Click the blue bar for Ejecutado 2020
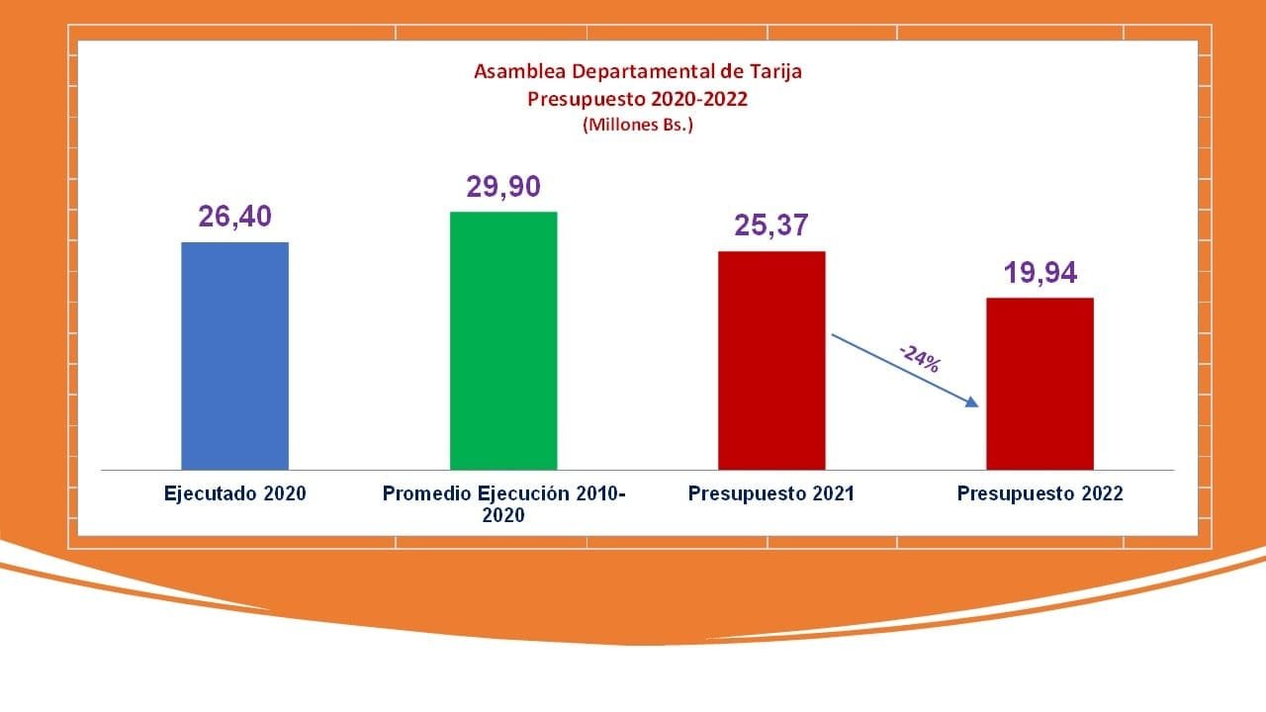pos(235,356)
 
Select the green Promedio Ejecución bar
pos(503,341)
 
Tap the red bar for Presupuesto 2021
pos(771,361)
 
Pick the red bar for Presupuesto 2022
pos(1040,384)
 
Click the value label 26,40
pos(235,217)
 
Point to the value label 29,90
pos(503,187)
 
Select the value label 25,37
pos(771,225)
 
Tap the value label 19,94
pos(1040,272)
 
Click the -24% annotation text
pos(919,357)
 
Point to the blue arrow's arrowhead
pos(972,401)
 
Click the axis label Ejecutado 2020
pos(235,493)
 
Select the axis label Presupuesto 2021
pos(771,493)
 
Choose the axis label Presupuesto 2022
pos(1040,493)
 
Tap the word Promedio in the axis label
pos(427,493)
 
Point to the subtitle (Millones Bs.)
pos(638,126)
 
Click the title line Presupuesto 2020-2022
pos(638,99)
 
